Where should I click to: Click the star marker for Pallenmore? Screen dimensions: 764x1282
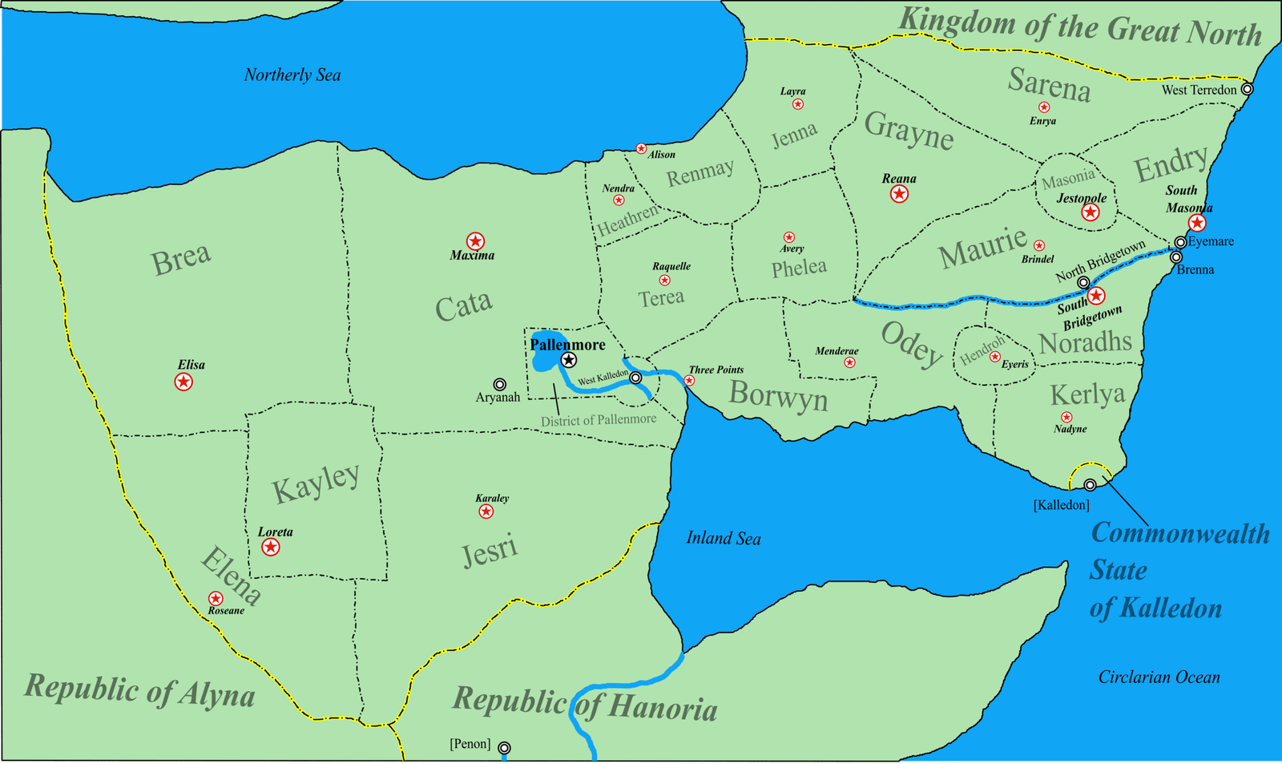tap(569, 360)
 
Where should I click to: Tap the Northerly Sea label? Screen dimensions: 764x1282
tap(292, 75)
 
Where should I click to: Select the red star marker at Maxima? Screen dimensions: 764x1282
tap(475, 241)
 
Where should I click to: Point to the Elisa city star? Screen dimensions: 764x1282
tap(183, 382)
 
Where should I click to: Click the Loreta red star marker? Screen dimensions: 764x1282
tap(271, 547)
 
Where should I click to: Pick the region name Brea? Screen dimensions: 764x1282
tap(181, 259)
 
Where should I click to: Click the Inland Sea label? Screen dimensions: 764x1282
tap(723, 538)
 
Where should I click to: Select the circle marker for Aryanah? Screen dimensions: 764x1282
tap(499, 385)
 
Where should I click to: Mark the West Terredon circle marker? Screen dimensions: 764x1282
tap(1247, 89)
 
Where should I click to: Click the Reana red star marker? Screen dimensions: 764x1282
tap(899, 193)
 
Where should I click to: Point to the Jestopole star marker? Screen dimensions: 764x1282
tap(1090, 212)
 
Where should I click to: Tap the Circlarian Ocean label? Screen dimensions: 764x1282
tap(1159, 677)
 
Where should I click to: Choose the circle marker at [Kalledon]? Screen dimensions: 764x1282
tap(1090, 485)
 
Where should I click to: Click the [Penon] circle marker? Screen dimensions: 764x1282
tap(504, 748)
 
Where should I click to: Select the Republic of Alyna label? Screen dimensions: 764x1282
tap(139, 690)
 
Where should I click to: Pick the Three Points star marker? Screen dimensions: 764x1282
tap(689, 381)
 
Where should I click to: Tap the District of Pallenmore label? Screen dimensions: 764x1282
tap(598, 419)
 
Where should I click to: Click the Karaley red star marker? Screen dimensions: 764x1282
tap(486, 511)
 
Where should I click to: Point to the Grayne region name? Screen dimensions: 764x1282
tap(909, 130)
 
